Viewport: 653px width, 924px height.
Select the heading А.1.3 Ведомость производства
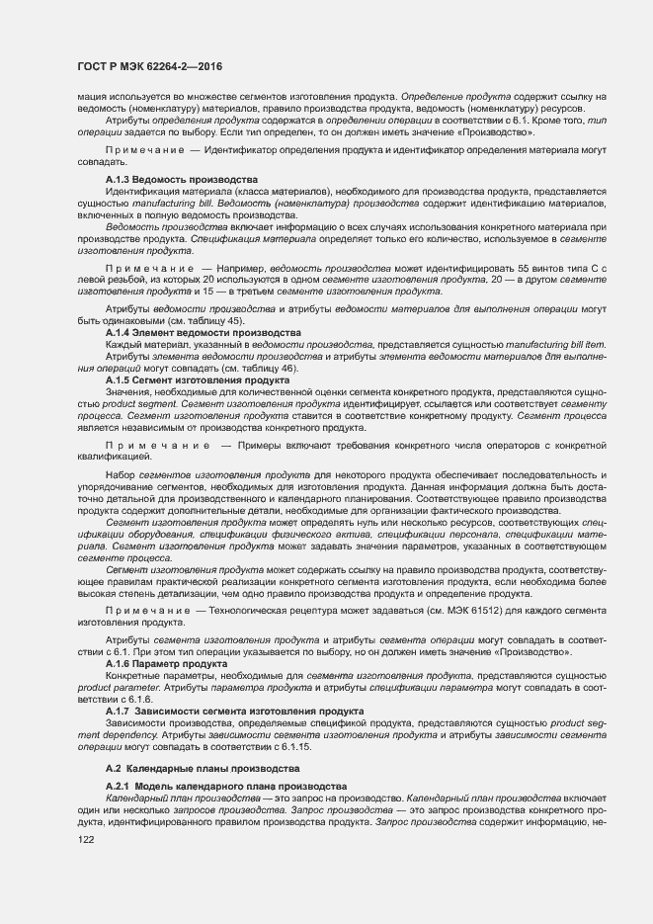coord(168,179)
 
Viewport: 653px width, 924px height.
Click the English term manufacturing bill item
coord(546,344)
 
